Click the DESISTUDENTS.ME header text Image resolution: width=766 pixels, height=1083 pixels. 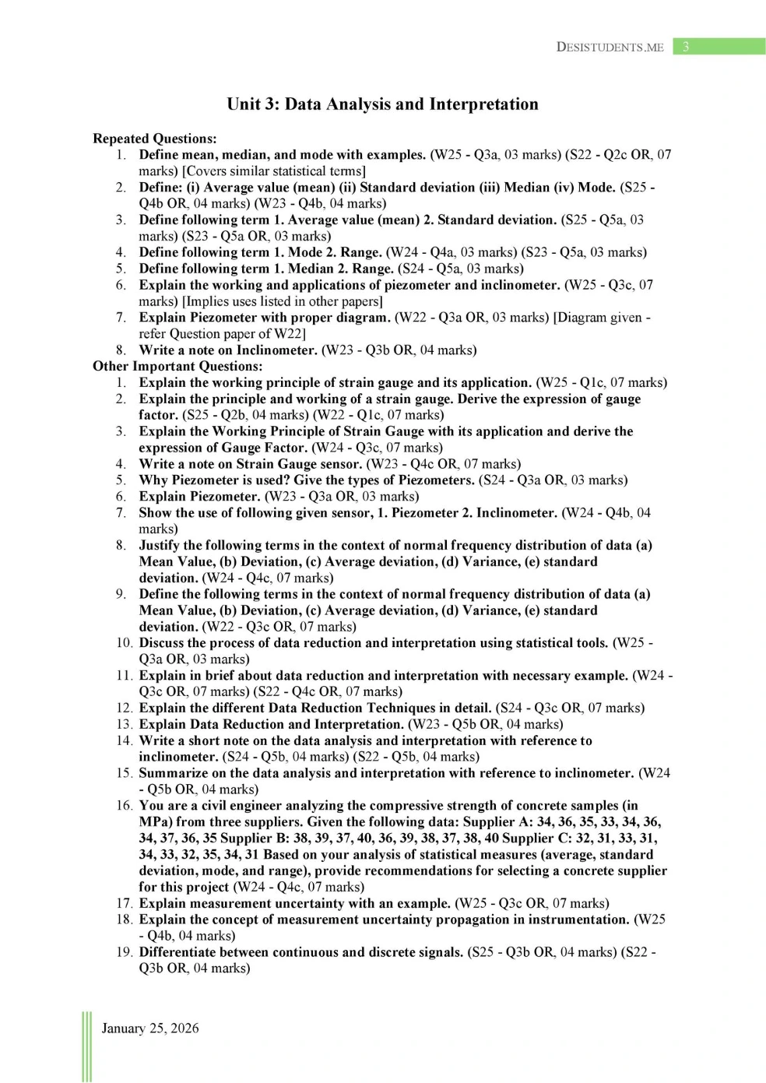click(x=610, y=47)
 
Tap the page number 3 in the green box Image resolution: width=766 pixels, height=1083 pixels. click(x=686, y=47)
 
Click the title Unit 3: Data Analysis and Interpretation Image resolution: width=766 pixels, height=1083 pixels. click(x=382, y=104)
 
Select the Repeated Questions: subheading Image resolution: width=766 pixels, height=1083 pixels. click(x=154, y=139)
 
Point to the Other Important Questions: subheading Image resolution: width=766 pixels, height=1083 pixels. click(x=177, y=366)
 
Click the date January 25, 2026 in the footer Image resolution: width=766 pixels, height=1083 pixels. click(x=150, y=1028)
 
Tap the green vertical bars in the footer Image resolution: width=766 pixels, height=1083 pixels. click(x=86, y=1046)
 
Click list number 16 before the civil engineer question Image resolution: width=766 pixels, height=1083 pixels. click(x=125, y=806)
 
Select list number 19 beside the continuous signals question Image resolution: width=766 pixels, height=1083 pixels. click(x=125, y=952)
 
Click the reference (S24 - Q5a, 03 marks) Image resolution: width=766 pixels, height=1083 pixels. click(x=461, y=269)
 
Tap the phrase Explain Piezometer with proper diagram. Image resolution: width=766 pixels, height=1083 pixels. click(x=265, y=318)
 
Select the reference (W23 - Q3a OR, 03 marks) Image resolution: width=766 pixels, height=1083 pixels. click(x=342, y=497)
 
